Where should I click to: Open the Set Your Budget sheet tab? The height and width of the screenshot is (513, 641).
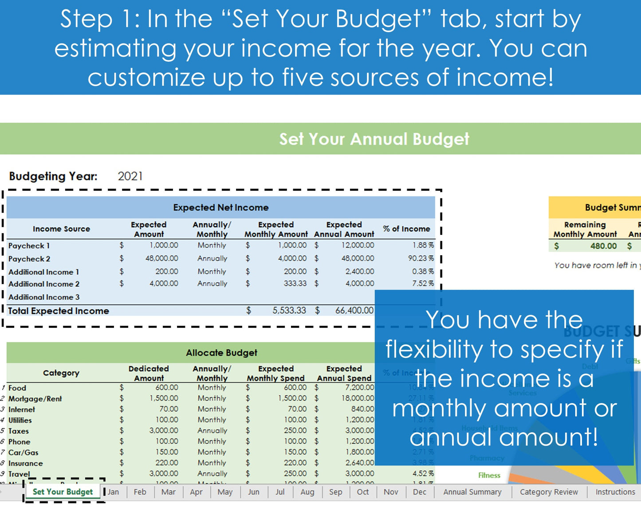click(x=63, y=492)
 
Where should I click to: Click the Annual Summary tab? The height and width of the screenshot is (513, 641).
click(x=472, y=492)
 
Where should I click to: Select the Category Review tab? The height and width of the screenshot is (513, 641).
click(x=549, y=492)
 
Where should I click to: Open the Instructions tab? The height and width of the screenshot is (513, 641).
click(x=615, y=492)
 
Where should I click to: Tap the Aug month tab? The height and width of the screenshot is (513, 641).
click(x=307, y=492)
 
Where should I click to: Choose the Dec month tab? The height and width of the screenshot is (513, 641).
click(x=419, y=492)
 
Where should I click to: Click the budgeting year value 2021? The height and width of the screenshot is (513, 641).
click(x=130, y=176)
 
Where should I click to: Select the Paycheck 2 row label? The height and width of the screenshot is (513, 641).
click(x=29, y=259)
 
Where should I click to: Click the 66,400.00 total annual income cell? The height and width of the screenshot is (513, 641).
click(x=354, y=311)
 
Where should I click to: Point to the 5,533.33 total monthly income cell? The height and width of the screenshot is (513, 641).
click(x=289, y=311)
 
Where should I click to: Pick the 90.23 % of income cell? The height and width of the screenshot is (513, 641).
click(x=421, y=258)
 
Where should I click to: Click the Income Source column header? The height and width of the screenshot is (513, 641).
click(x=61, y=229)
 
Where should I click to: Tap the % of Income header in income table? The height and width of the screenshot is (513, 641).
click(x=406, y=229)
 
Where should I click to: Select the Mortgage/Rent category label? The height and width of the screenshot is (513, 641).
click(x=35, y=399)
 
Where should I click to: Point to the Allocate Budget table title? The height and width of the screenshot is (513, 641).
click(x=221, y=353)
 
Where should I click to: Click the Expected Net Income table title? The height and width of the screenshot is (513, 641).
click(x=220, y=208)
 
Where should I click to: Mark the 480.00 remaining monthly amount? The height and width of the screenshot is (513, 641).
click(x=603, y=246)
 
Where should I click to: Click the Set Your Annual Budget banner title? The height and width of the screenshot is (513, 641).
click(x=374, y=139)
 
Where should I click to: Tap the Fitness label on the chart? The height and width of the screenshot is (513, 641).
click(x=489, y=475)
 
